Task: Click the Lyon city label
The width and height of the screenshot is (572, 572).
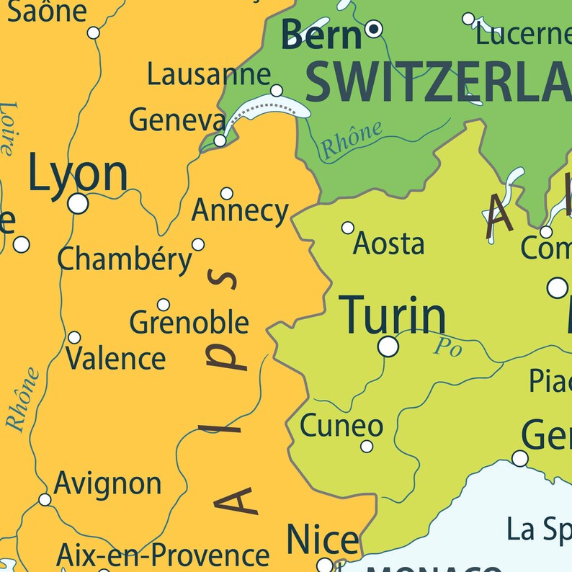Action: tap(78, 175)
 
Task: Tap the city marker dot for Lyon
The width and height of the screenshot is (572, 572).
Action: tap(78, 204)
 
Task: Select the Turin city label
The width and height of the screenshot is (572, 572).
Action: tap(393, 315)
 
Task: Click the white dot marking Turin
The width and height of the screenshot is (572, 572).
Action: tap(388, 347)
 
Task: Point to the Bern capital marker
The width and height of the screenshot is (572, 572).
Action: tap(374, 30)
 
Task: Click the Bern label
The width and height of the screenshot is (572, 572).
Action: tap(321, 34)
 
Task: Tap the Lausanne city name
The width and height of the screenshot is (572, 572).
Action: tap(209, 74)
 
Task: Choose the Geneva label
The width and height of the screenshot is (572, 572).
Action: tap(177, 120)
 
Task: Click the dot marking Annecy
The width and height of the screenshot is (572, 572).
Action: tap(227, 193)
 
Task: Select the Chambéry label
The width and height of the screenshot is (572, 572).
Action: tap(125, 259)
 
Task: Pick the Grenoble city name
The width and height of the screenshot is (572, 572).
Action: tap(189, 322)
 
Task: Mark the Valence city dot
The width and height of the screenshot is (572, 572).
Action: tap(74, 337)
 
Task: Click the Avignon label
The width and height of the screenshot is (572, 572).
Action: tap(107, 483)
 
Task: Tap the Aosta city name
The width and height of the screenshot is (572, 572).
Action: tap(388, 244)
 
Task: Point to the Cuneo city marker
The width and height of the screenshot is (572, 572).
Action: tap(367, 447)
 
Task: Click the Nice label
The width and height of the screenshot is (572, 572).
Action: tap(322, 540)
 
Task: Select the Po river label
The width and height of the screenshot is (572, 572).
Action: tap(447, 348)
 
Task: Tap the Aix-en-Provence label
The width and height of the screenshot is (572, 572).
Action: tap(163, 555)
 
